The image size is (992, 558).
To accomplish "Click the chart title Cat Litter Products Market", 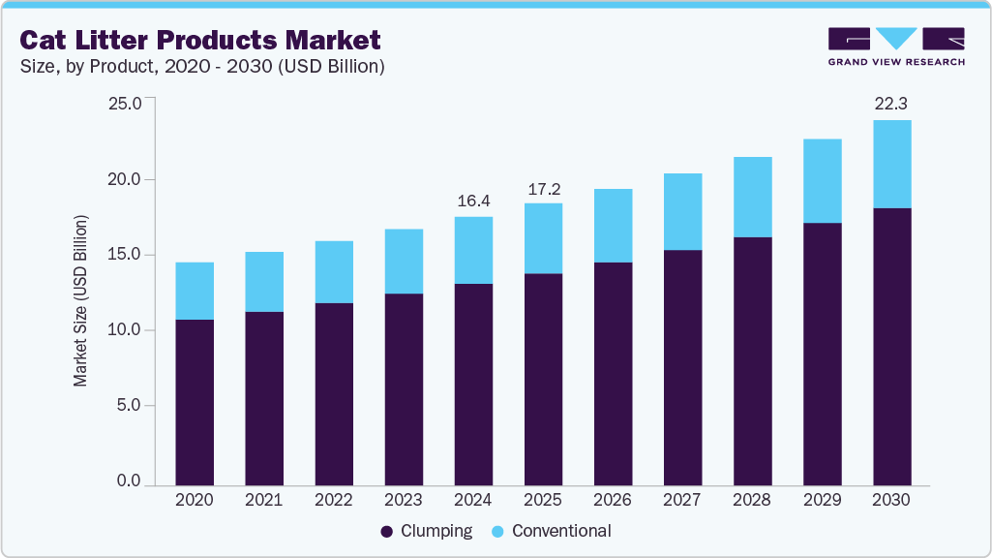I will (x=199, y=40).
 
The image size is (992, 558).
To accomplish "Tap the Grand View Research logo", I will (x=896, y=46).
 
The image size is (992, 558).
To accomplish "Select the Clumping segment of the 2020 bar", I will (x=195, y=402).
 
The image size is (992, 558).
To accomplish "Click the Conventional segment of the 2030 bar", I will (x=891, y=164).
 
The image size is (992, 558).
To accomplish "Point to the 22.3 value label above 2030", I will (x=891, y=104).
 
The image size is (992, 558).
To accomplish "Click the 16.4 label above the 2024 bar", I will (x=473, y=201).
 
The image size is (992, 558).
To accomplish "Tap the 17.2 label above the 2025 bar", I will (x=543, y=188).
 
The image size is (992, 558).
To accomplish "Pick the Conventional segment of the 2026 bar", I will (x=613, y=226).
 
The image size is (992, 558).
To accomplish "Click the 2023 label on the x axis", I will (x=404, y=501).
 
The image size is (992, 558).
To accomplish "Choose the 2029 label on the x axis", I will (x=822, y=501).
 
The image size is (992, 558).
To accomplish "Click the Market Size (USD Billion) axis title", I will (x=81, y=301).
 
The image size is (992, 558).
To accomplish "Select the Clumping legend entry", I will (x=427, y=531).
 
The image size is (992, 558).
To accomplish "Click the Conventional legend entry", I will (x=551, y=531).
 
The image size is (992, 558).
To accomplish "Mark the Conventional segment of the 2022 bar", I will (x=334, y=272).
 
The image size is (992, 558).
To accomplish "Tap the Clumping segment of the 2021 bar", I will (x=264, y=398).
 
